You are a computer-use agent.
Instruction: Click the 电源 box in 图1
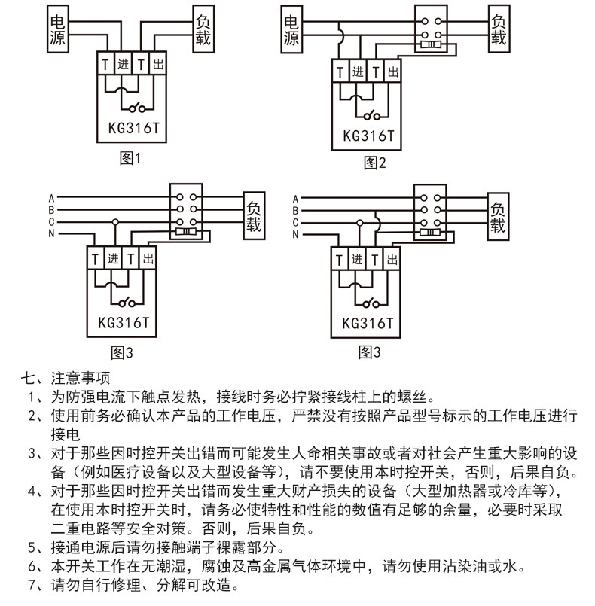click(58, 29)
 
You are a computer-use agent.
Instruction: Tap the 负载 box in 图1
click(203, 29)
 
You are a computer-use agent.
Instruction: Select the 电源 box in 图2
click(291, 29)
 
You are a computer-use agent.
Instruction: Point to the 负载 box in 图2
click(499, 29)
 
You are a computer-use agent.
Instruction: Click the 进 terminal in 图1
click(124, 63)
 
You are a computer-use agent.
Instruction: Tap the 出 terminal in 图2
click(393, 71)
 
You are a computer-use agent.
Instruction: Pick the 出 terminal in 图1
click(158, 63)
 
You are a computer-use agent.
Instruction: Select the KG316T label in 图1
click(134, 128)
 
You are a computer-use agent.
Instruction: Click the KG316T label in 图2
click(368, 136)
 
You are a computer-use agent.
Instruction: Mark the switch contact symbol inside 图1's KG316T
click(137, 108)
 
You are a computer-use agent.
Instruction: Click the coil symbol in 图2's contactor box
click(431, 45)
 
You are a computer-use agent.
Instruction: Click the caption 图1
click(130, 158)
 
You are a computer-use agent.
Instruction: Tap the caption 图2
click(374, 163)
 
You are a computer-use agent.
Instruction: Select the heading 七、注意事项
click(66, 378)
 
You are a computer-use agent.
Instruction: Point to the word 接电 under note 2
click(66, 434)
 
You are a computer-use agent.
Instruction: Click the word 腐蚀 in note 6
click(215, 566)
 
